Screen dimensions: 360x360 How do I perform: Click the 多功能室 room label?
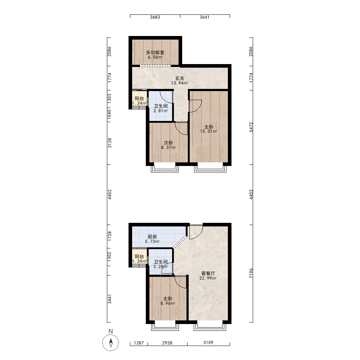[155, 52]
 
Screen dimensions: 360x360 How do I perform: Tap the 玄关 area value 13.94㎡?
[180, 83]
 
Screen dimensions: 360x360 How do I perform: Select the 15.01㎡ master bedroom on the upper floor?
[208, 127]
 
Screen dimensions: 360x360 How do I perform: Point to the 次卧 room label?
[168, 143]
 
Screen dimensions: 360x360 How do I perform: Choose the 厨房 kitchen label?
[152, 237]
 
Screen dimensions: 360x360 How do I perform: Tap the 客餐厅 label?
[208, 273]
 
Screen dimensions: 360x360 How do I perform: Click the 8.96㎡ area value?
[168, 303]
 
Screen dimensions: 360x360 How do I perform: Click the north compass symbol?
[111, 343]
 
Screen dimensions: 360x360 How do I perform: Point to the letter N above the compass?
[111, 331]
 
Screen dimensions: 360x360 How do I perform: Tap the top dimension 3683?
[155, 17]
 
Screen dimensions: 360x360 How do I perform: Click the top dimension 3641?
[204, 17]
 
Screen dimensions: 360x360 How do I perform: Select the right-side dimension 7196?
[251, 273]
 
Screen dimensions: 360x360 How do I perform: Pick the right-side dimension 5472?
[251, 127]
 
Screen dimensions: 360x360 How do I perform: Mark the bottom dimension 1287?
[139, 343]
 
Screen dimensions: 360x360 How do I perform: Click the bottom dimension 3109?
[208, 343]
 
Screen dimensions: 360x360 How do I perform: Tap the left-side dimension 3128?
[109, 143]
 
